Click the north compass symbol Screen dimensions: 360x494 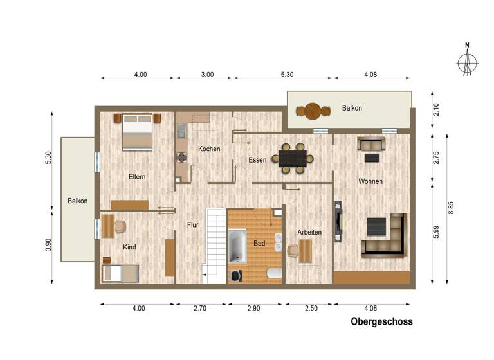[x=468, y=62]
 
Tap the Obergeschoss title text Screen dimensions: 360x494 [x=381, y=321]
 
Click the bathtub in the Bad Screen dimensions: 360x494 [x=238, y=248]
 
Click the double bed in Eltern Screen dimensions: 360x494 [x=138, y=132]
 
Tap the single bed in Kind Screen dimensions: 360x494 [x=121, y=273]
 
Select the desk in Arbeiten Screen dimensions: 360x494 [x=306, y=251]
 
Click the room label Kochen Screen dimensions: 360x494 [x=209, y=148]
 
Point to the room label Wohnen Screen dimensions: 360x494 [x=370, y=181]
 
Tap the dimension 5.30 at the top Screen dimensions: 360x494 [x=287, y=75]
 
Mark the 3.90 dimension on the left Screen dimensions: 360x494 [x=50, y=246]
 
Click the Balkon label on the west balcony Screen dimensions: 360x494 [x=77, y=201]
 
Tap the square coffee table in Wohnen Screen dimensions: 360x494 [x=376, y=227]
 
